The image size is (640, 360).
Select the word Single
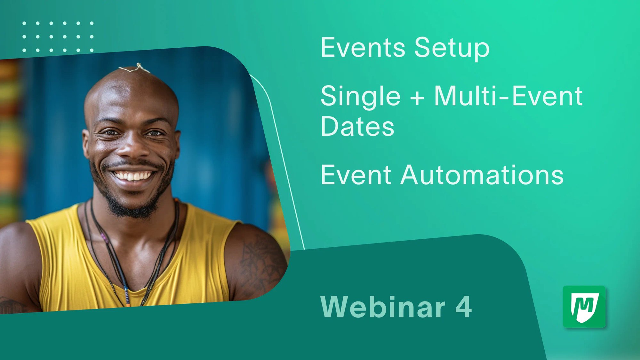coord(360,97)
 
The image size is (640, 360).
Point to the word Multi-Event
coord(508,96)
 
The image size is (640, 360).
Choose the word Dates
coord(357,126)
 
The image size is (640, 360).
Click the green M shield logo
coord(584,307)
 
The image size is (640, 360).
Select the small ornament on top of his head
coord(136,68)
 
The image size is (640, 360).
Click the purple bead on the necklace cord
coord(103,237)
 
